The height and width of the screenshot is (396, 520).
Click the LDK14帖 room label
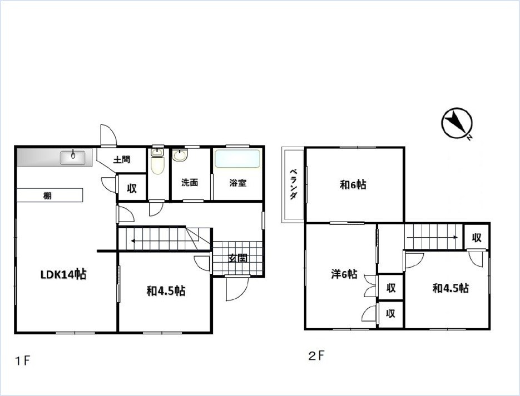[63, 274]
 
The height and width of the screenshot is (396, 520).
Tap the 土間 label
[122, 160]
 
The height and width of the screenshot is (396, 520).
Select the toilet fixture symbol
[157, 161]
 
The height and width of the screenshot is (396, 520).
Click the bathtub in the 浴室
[237, 159]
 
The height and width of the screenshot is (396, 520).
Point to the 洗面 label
[190, 182]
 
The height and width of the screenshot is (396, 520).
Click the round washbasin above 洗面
[180, 155]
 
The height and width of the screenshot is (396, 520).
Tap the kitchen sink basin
[73, 158]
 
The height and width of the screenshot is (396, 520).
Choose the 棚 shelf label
[47, 196]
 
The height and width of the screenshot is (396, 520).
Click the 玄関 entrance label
[238, 258]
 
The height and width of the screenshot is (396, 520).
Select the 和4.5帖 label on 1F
[166, 291]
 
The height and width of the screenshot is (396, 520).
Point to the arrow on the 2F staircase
[433, 237]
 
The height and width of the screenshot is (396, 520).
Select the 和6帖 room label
[353, 185]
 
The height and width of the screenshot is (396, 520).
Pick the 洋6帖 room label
[344, 274]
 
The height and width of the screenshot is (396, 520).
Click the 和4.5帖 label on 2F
[450, 288]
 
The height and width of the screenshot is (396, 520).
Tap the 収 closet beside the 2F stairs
[477, 237]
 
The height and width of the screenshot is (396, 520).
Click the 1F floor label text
[23, 360]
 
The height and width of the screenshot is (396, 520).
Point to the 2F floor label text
[316, 356]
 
